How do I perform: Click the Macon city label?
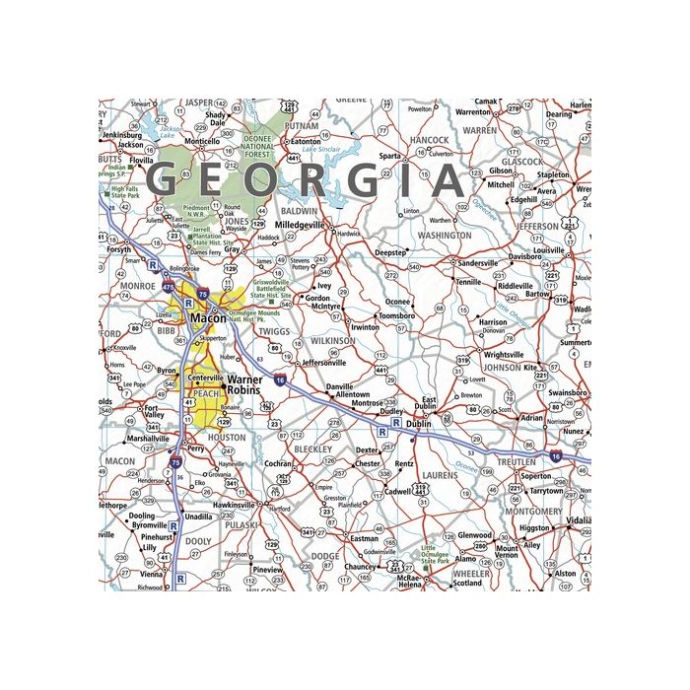click(208, 319)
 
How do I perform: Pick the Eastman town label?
click(365, 539)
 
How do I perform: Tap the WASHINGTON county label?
click(445, 237)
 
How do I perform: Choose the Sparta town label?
click(390, 156)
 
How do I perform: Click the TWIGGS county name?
click(273, 332)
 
